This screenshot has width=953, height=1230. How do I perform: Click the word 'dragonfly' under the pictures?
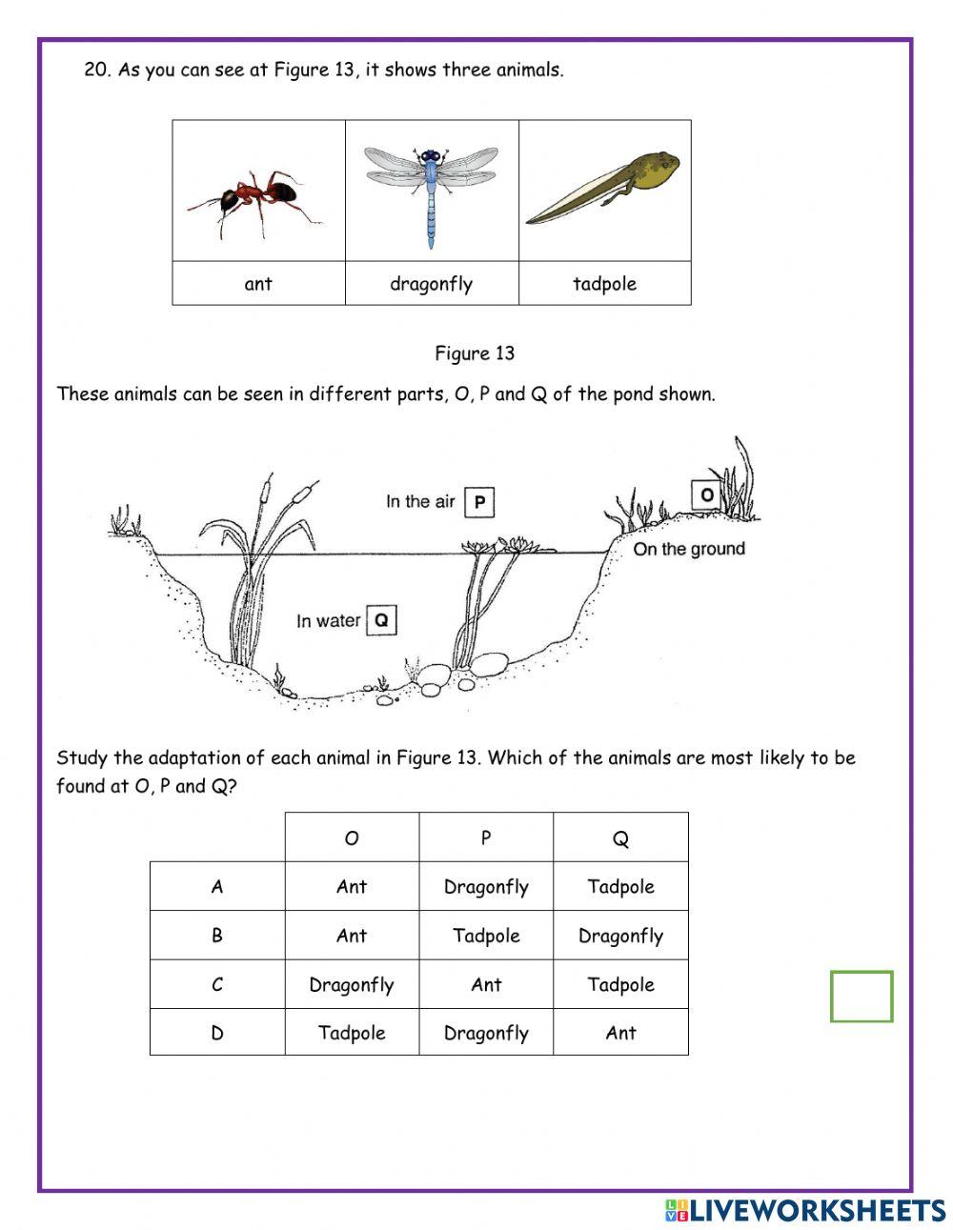431,284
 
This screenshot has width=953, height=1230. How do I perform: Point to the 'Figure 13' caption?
475,353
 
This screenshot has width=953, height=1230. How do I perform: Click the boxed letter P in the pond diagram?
479,502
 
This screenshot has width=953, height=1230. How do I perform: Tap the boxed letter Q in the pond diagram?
380,620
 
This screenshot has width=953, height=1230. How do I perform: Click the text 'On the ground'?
689,549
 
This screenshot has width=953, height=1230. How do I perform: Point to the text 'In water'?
328,621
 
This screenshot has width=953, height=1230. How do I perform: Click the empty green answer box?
862,997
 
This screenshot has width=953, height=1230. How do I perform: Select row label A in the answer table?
217,887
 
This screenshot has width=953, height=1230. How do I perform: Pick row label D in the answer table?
217,1033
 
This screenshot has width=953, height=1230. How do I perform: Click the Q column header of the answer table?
620,838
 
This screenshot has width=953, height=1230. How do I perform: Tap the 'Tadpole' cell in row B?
486,936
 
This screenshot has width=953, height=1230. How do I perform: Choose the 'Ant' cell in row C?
486,984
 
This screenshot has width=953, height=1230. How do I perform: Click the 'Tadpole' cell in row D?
352,1033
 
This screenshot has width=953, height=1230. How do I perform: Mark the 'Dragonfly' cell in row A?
486,887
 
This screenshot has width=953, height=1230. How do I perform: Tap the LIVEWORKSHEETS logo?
805,1210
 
